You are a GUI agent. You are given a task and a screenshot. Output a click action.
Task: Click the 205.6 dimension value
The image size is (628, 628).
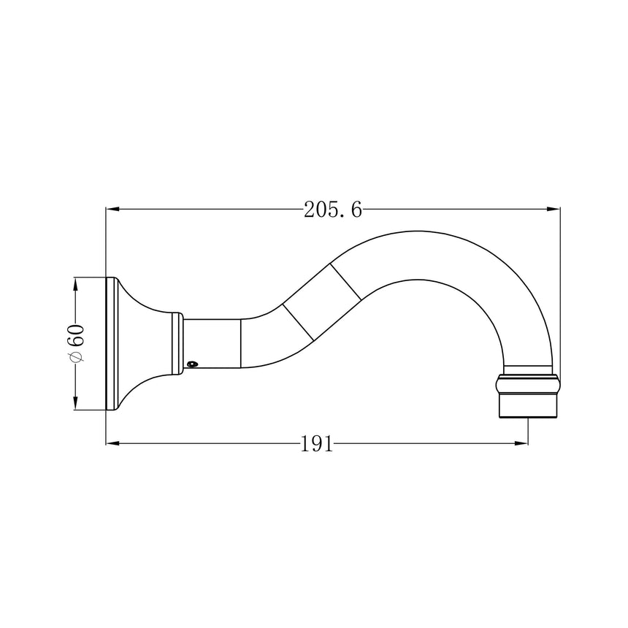click(333, 210)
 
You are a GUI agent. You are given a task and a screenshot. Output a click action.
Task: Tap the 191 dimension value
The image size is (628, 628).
click(316, 444)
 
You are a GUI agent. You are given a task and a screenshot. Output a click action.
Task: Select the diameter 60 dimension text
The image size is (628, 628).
click(76, 342)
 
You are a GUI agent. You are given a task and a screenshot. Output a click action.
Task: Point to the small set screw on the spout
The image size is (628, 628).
click(193, 364)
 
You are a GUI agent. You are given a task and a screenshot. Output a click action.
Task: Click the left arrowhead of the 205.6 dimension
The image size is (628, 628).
click(112, 209)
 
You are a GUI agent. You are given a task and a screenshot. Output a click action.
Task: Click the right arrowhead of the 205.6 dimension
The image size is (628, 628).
click(554, 209)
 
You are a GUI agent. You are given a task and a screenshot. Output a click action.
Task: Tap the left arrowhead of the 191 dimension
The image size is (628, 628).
click(112, 443)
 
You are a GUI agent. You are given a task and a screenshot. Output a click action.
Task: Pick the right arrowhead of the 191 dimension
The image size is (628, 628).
click(521, 443)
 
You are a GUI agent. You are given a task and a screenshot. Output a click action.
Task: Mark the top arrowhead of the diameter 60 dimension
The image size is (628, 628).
click(75, 284)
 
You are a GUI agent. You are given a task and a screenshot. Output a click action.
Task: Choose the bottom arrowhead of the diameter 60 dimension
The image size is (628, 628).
click(75, 403)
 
